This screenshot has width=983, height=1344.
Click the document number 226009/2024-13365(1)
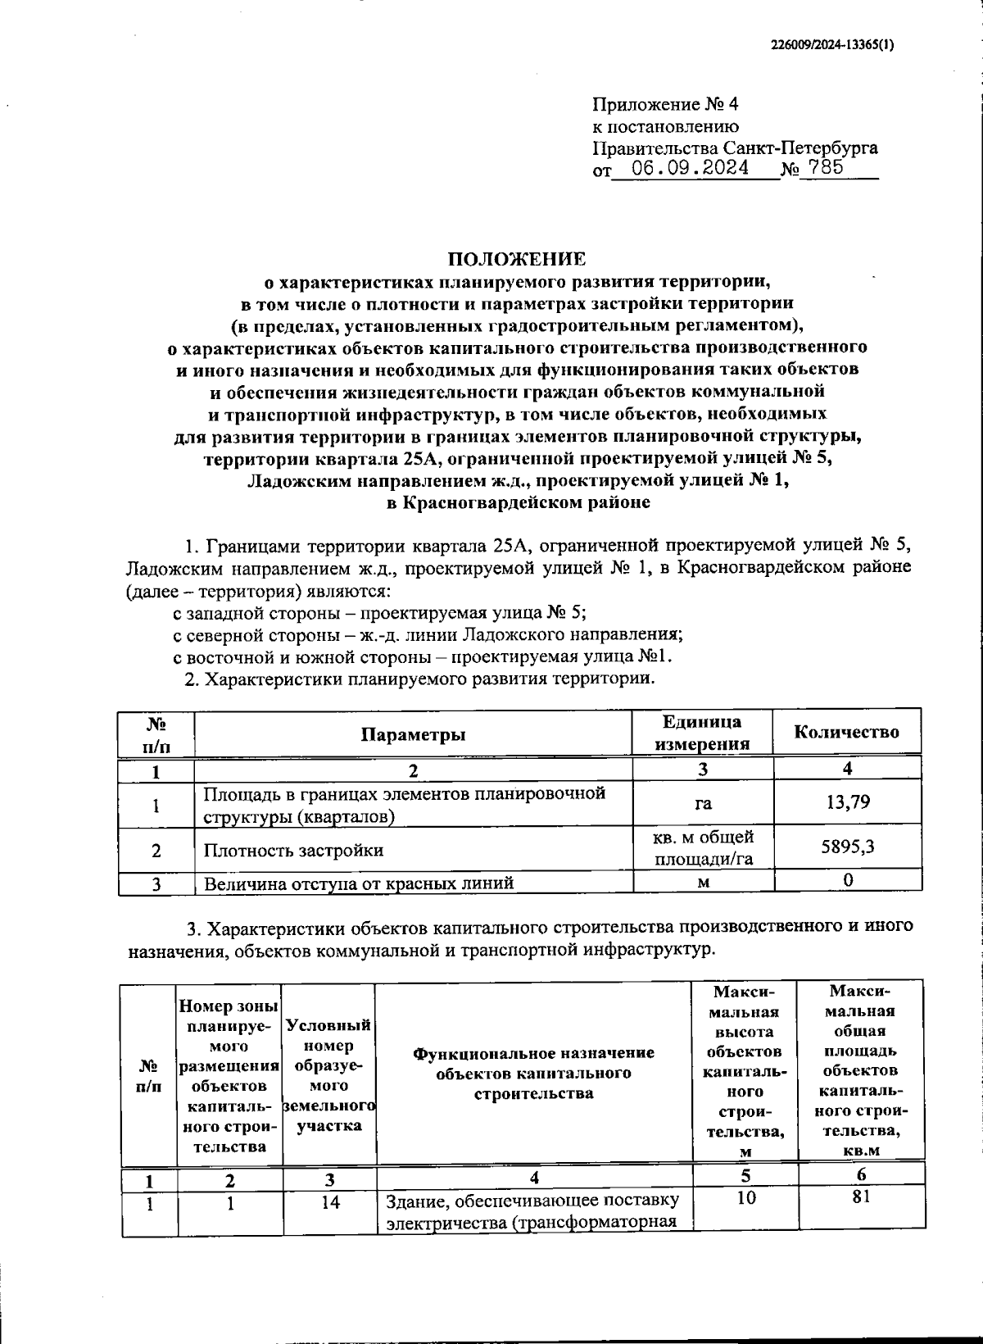click(x=832, y=46)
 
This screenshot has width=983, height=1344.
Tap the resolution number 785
click(x=826, y=169)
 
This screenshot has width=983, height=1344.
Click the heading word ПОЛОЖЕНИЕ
click(x=517, y=260)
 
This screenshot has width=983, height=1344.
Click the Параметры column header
click(x=414, y=734)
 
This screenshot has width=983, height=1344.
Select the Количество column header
click(x=846, y=733)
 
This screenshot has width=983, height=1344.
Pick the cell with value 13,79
click(x=847, y=802)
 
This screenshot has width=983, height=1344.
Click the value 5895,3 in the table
click(x=847, y=847)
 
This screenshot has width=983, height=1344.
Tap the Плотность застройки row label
click(x=293, y=850)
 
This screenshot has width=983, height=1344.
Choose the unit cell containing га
click(x=702, y=804)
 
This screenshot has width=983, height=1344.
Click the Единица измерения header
click(x=703, y=733)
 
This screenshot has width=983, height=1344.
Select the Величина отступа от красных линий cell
click(x=359, y=883)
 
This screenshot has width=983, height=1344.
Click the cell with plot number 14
click(x=329, y=1202)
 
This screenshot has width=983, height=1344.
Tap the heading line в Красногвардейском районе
click(x=518, y=502)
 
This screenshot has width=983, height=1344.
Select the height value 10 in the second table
click(x=745, y=1197)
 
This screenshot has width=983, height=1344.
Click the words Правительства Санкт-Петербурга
click(x=734, y=148)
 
